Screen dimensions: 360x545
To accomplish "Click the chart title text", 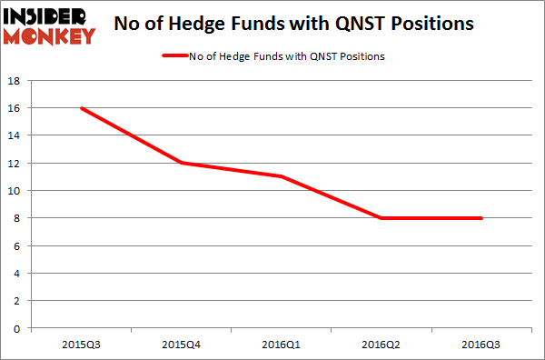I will pyautogui.click(x=293, y=25).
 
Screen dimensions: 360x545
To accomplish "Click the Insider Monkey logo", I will pyautogui.click(x=51, y=25).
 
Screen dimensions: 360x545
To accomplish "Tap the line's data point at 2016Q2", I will pyautogui.click(x=382, y=218).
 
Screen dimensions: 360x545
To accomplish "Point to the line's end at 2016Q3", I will pyautogui.click(x=481, y=218).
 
